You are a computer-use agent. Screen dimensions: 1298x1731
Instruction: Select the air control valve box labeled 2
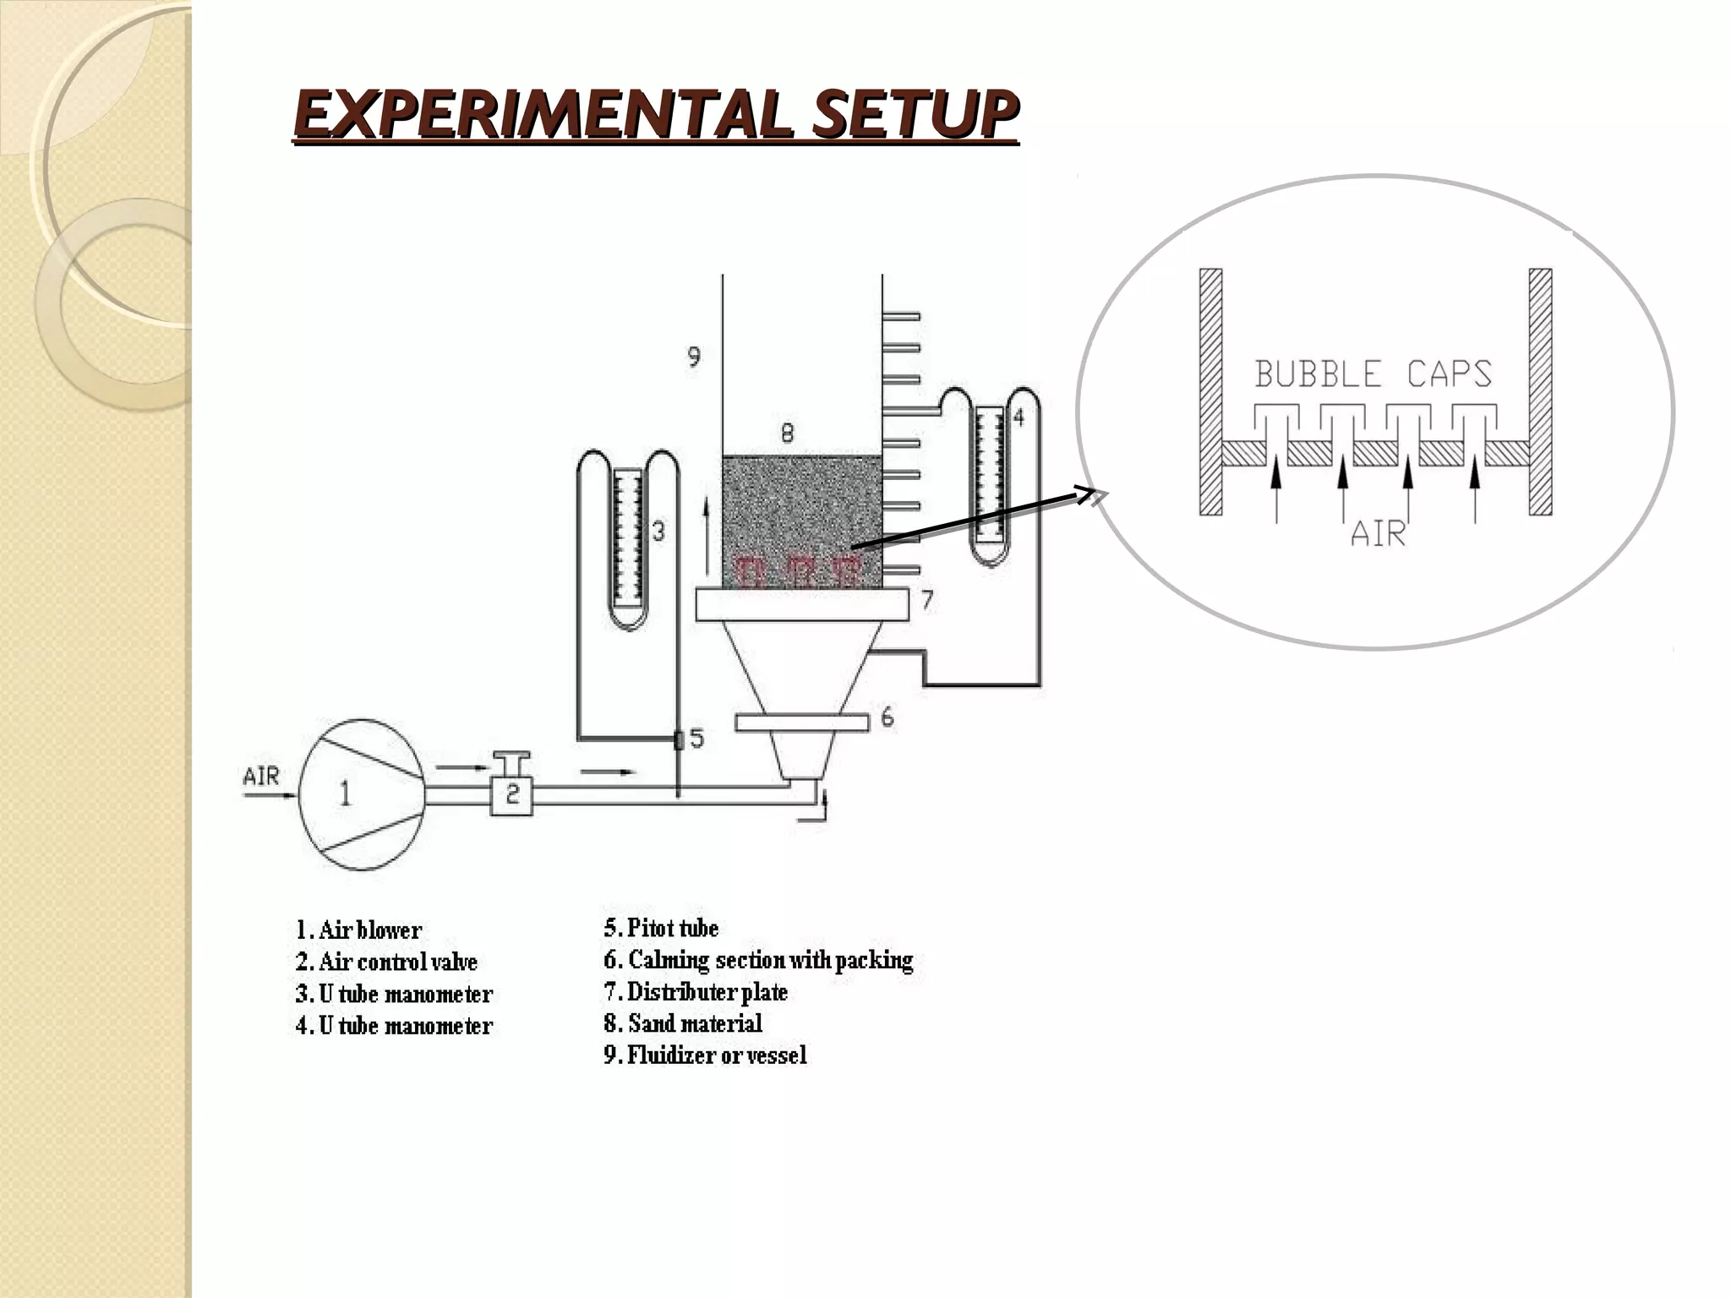point(512,794)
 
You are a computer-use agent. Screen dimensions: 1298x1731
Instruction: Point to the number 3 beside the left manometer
point(658,531)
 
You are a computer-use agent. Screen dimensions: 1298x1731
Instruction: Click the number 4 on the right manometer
point(1018,417)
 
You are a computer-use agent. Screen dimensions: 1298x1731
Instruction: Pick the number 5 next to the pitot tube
point(696,739)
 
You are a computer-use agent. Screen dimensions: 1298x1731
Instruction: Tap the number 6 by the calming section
point(887,717)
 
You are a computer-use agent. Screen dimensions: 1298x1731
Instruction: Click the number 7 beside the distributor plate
point(927,600)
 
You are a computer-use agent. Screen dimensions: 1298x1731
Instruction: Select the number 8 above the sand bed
point(787,434)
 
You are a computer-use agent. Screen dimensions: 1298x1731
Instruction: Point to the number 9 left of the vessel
point(693,357)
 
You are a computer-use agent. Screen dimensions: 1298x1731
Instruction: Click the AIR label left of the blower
point(261,776)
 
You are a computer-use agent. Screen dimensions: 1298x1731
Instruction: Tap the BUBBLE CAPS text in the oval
point(1373,374)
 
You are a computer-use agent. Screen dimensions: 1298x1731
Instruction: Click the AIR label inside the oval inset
point(1378,534)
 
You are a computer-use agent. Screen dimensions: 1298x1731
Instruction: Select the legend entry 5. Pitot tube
point(661,928)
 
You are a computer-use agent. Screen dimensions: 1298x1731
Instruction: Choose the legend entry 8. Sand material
point(683,1023)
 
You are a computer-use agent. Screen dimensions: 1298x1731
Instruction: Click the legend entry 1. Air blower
point(358,930)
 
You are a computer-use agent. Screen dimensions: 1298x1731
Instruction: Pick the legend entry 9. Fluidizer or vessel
point(705,1055)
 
